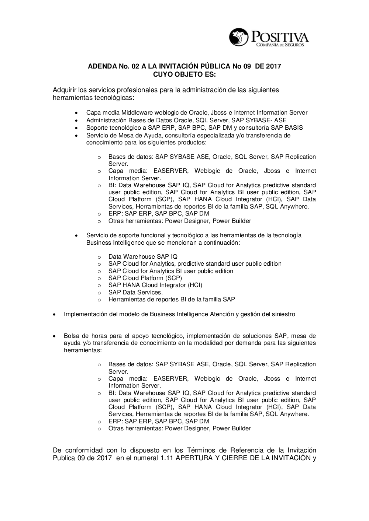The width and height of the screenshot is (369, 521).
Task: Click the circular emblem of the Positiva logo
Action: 239,37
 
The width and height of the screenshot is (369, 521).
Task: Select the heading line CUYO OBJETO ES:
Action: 184,74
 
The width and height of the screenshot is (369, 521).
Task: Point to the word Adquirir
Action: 65,90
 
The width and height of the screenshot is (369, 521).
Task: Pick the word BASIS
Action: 294,128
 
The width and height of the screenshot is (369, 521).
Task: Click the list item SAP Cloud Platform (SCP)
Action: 145,278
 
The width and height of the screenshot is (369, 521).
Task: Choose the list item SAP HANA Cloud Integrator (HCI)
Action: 155,285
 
